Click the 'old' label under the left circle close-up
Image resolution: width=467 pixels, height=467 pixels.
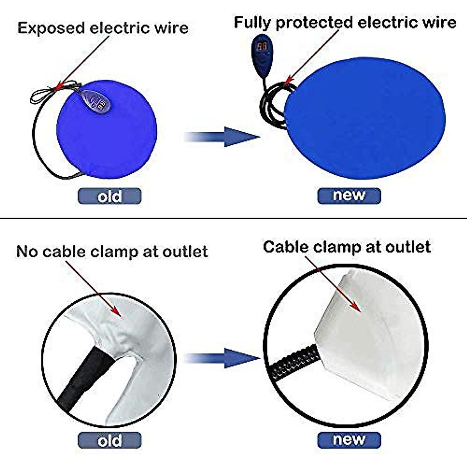point(109,441)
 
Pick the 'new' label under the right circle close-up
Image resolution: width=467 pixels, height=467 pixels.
point(349,440)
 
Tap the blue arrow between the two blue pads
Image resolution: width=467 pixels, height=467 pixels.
point(222,137)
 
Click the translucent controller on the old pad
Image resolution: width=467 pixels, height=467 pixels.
point(95,101)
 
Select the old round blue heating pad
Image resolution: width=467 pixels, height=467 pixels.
point(107,132)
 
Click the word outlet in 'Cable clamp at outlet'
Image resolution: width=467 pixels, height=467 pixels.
point(408,247)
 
